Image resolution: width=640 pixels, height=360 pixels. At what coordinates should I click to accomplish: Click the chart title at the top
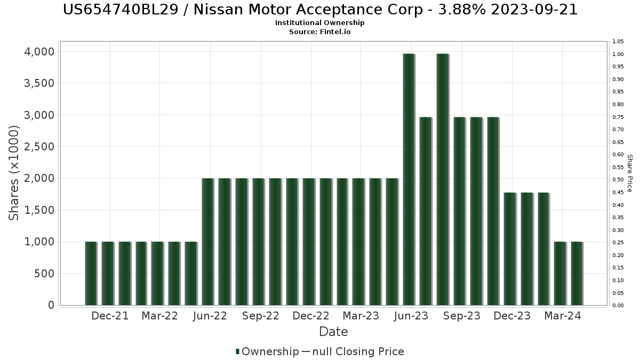click(320, 10)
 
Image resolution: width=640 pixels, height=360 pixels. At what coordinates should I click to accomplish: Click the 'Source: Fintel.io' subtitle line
click(320, 32)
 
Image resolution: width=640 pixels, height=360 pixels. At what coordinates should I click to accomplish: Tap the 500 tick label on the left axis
click(43, 274)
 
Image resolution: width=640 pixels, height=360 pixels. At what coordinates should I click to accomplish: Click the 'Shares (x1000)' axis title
click(14, 173)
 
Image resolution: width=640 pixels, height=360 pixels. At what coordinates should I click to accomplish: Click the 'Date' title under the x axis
click(333, 332)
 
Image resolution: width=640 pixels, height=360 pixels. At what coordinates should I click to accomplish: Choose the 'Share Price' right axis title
click(629, 173)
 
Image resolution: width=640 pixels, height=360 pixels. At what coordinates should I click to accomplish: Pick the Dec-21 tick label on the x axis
click(110, 316)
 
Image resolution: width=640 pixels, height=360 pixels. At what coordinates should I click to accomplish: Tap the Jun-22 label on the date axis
click(210, 316)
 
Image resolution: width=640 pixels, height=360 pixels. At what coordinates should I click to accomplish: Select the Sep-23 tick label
click(462, 316)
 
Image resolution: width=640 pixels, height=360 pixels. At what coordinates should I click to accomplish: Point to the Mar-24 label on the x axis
click(562, 316)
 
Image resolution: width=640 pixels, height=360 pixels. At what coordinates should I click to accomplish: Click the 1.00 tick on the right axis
click(618, 54)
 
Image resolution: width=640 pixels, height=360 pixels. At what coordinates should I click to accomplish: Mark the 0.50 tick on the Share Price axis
click(618, 180)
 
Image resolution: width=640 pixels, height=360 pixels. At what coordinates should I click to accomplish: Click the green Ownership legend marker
click(237, 351)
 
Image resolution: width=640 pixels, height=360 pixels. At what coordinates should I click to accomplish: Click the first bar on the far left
click(91, 273)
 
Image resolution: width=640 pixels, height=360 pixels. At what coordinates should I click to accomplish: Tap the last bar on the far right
click(577, 273)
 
